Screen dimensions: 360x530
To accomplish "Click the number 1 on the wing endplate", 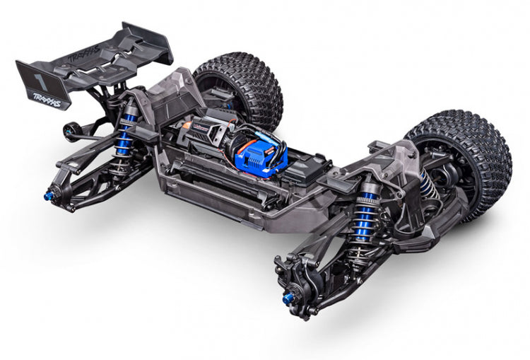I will click(35, 74).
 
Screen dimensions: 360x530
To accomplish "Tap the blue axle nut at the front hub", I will click(288, 299).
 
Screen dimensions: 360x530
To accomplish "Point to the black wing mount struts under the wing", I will click(106, 99).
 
